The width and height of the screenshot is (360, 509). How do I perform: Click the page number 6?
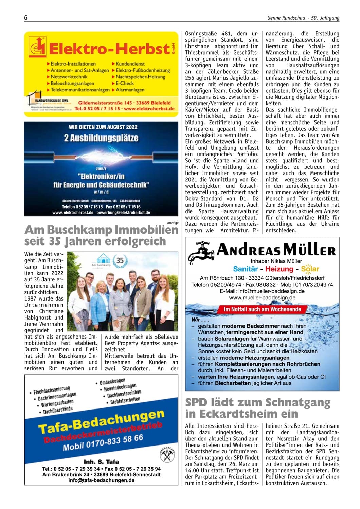pyautogui.click(x=26, y=18)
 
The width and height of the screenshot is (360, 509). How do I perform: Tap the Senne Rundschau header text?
pyautogui.click(x=286, y=18)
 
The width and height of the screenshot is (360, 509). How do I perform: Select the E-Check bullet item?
pyautogui.click(x=125, y=83)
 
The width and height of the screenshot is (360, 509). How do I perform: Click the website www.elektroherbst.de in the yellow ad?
pyautogui.click(x=149, y=109)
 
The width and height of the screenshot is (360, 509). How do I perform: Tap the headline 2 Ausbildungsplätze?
pyautogui.click(x=101, y=138)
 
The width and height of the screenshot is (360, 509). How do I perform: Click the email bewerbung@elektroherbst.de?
pyautogui.click(x=123, y=212)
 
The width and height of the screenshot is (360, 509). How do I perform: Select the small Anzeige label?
pyautogui.click(x=173, y=223)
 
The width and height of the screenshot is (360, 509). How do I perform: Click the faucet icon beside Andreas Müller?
pyautogui.click(x=201, y=252)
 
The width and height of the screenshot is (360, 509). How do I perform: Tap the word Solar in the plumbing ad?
pyautogui.click(x=310, y=269)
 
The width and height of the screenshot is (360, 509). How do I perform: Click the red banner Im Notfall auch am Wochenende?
pyautogui.click(x=262, y=309)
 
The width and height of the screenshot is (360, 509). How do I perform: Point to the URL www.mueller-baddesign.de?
pyautogui.click(x=262, y=297)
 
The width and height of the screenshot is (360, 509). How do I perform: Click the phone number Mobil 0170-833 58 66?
pyautogui.click(x=103, y=442)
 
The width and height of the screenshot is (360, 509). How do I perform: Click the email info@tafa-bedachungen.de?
pyautogui.click(x=101, y=480)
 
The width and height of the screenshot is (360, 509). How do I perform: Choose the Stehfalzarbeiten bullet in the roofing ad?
pyautogui.click(x=125, y=401)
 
